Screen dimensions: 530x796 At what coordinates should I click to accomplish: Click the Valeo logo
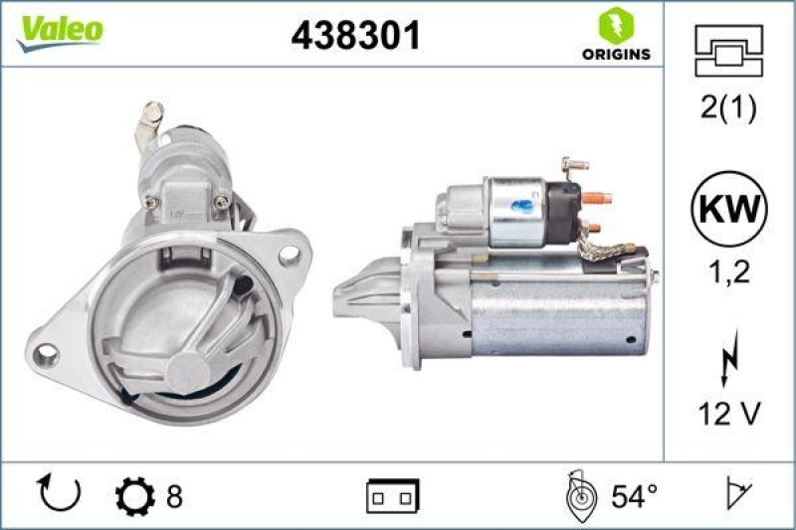click(58, 30)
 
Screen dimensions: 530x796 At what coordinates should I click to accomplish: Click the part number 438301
click(356, 36)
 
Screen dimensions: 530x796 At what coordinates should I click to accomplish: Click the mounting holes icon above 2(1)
click(728, 50)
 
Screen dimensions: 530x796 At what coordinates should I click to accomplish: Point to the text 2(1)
click(728, 108)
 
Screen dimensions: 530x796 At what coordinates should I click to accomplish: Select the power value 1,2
click(728, 270)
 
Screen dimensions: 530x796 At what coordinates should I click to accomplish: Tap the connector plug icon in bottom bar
click(393, 494)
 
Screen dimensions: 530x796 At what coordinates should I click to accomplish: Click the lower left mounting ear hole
click(46, 352)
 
